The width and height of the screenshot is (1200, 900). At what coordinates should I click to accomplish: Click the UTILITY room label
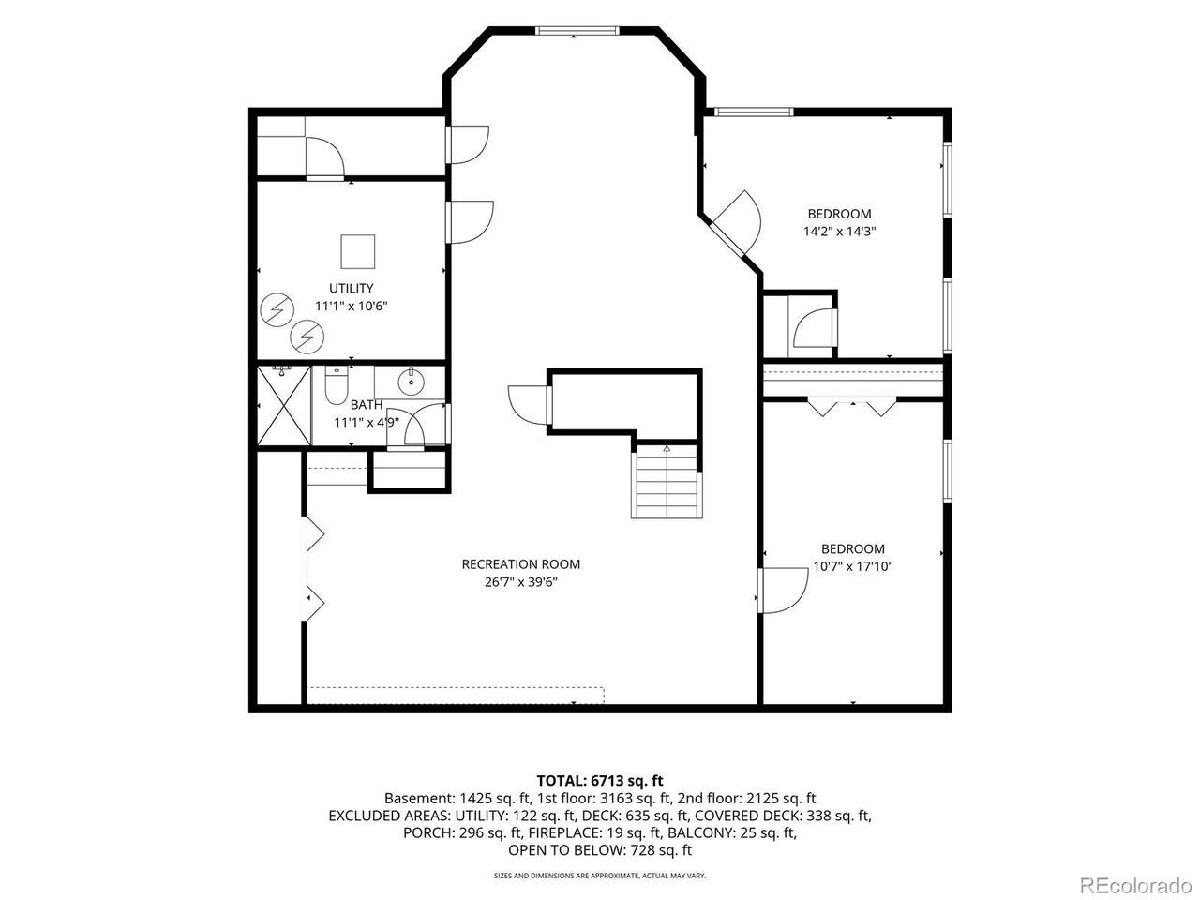click(351, 288)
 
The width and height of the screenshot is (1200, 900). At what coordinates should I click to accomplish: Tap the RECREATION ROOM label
click(520, 564)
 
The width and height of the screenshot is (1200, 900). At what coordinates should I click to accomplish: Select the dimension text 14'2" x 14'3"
click(839, 232)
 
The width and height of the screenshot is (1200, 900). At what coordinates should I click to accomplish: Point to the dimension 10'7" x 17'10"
click(853, 566)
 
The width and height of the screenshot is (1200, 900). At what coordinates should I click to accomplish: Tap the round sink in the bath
click(410, 381)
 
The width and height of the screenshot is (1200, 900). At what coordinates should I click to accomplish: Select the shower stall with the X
click(284, 405)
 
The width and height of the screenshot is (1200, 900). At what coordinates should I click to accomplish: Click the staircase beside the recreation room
click(667, 482)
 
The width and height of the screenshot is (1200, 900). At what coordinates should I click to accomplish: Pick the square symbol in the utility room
click(357, 251)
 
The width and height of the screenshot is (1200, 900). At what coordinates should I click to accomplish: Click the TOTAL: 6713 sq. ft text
click(600, 780)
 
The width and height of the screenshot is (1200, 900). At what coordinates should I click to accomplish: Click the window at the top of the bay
click(577, 31)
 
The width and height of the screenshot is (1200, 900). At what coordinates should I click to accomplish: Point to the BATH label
click(367, 405)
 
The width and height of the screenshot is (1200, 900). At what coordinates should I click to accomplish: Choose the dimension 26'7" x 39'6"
click(520, 582)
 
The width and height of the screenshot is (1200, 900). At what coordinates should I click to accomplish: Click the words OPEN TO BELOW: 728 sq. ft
click(600, 849)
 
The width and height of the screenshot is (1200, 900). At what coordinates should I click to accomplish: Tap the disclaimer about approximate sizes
click(600, 876)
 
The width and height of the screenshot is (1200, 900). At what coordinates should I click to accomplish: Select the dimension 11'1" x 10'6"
click(351, 306)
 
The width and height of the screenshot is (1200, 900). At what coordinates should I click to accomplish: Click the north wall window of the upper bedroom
click(754, 112)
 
